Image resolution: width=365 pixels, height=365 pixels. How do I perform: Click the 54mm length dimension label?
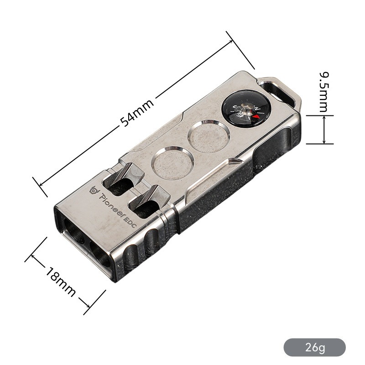[x=137, y=113]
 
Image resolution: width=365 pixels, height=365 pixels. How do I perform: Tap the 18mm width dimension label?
[x=61, y=282]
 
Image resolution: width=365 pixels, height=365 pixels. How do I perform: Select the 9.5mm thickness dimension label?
[x=324, y=92]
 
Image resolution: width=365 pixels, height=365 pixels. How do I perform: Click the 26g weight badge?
[x=314, y=347]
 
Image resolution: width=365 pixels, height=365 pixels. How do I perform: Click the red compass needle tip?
[x=256, y=116]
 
